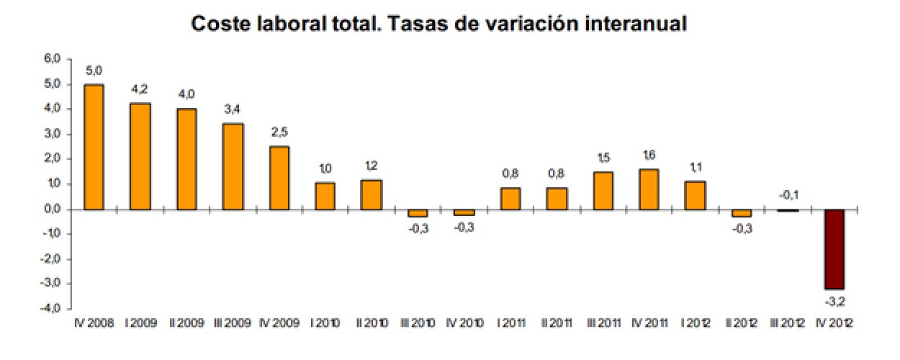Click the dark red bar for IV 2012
tap(834, 249)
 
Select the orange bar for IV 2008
tap(93, 147)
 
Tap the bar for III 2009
tap(233, 166)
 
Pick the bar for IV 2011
tap(649, 190)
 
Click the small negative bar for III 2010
tap(418, 213)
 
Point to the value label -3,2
tap(835, 302)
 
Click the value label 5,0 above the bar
tap(94, 71)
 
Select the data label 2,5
tap(280, 132)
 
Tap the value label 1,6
tap(649, 155)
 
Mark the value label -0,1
tap(789, 195)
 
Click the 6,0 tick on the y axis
tap(52, 58)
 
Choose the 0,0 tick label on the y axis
tap(52, 209)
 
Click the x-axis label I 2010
tap(325, 323)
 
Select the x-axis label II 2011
tap(556, 323)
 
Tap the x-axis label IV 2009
tap(280, 323)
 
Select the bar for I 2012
tap(695, 195)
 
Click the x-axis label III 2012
tap(787, 323)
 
